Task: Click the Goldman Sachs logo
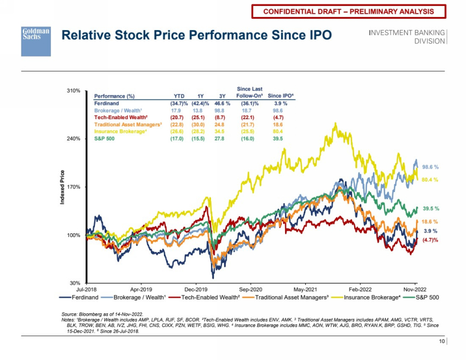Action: pos(36,41)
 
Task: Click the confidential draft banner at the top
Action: pos(349,11)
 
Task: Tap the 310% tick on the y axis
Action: pos(74,91)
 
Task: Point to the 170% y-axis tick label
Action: pos(74,187)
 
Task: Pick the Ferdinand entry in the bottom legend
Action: pos(80,297)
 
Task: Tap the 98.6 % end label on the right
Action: pos(430,166)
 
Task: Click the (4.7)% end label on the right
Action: pos(430,240)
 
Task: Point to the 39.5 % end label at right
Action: pos(430,209)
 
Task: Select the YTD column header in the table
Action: pos(178,96)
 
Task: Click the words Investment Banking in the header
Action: pos(406,33)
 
